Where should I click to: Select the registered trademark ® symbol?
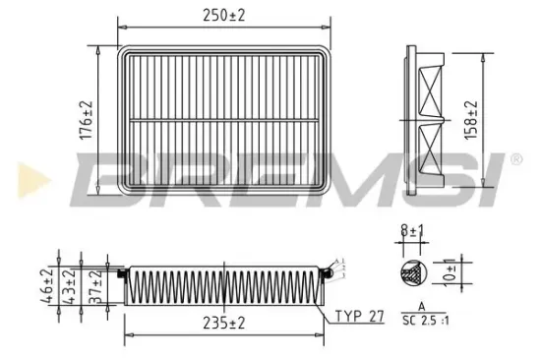515,158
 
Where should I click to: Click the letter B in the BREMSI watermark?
107,177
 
